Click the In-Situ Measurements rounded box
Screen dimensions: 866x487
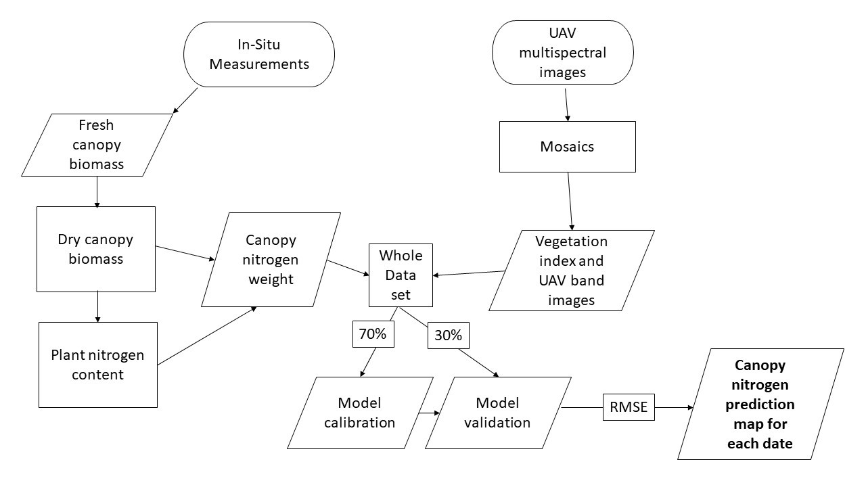coord(259,55)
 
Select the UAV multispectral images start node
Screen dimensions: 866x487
coord(562,53)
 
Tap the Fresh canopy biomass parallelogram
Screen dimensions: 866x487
coord(97,145)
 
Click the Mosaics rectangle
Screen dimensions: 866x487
coord(567,147)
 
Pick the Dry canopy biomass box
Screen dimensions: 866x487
coord(96,250)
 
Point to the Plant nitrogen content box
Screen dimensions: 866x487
coord(98,365)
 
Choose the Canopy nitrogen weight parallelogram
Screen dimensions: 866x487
coord(271,260)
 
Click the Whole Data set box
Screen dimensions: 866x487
coord(401,275)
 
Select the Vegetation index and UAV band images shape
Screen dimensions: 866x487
coord(572,271)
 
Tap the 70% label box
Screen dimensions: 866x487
coord(373,334)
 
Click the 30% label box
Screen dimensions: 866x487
coord(448,335)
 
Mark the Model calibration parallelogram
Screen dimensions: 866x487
coord(360,413)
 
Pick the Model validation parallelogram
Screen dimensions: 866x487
coord(498,413)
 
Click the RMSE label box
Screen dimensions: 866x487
coord(629,407)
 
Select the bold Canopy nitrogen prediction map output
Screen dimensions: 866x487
coord(760,404)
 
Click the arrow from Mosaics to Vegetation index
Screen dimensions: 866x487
coord(570,202)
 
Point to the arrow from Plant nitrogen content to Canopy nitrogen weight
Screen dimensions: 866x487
coord(207,336)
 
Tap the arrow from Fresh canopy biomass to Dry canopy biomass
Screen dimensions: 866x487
coord(97,192)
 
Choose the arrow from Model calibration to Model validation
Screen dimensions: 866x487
coord(429,413)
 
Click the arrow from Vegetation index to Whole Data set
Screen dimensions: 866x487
coord(469,273)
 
